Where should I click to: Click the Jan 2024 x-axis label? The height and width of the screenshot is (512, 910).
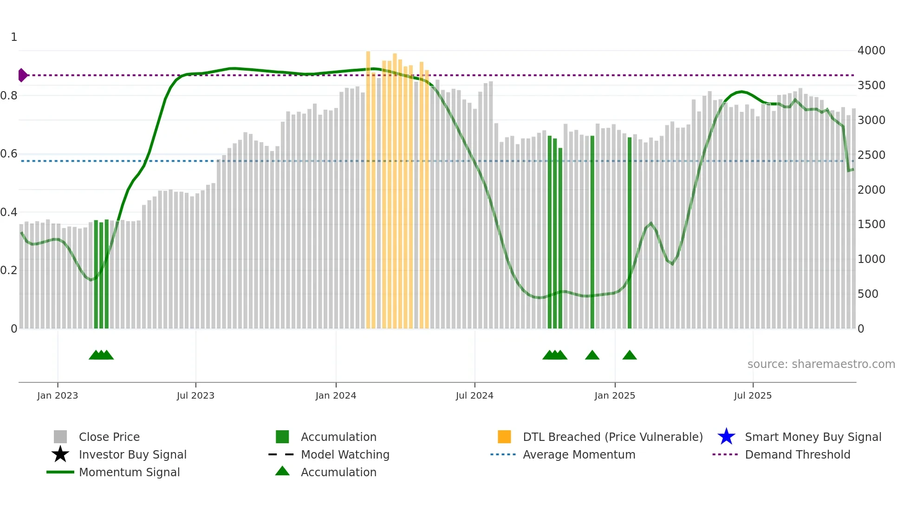[x=336, y=395]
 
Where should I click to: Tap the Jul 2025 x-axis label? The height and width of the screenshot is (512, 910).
[x=753, y=395]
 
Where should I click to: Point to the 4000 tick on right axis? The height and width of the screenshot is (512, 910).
[x=871, y=50]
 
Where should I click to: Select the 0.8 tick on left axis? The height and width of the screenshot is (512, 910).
[x=9, y=96]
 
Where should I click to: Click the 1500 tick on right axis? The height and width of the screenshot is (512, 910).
[x=871, y=224]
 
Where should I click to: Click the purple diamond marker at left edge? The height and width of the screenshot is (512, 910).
[x=22, y=75]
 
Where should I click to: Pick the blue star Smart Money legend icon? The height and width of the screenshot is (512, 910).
[x=726, y=437]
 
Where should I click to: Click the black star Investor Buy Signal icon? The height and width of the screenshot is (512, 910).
[x=60, y=454]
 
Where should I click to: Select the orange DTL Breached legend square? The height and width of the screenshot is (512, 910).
[x=504, y=437]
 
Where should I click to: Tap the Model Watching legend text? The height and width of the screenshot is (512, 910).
[x=345, y=454]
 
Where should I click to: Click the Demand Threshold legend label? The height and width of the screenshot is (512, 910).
[x=797, y=454]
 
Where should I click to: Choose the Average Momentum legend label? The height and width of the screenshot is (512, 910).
[x=579, y=454]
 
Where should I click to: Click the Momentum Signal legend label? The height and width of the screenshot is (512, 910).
[x=129, y=472]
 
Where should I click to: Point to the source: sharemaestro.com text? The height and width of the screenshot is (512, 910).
[x=821, y=364]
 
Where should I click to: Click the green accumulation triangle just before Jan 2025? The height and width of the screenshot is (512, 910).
[x=592, y=355]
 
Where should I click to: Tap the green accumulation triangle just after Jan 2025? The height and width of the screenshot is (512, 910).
[x=630, y=355]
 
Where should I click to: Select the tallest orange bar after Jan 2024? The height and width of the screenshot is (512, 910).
[x=368, y=186]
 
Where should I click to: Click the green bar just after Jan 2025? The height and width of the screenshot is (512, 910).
[x=630, y=232]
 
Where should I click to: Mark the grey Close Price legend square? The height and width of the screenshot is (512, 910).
[x=60, y=437]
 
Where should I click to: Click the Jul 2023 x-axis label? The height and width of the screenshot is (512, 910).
[x=195, y=395]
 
